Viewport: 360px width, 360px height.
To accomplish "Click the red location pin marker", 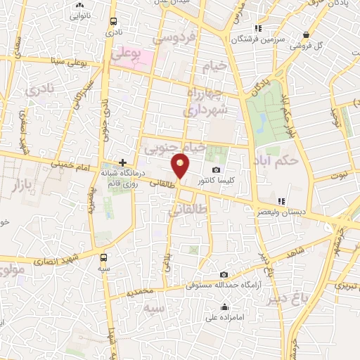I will coord(181,165).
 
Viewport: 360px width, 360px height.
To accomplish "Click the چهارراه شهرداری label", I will coord(205,102).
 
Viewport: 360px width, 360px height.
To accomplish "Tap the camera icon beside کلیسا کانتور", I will coord(216,170).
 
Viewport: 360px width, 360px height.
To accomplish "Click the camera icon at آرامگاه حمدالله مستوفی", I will coord(224,275).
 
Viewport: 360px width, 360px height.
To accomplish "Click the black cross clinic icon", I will coord(122,162).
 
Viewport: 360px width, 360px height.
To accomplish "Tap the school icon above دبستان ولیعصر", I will coord(281,201).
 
